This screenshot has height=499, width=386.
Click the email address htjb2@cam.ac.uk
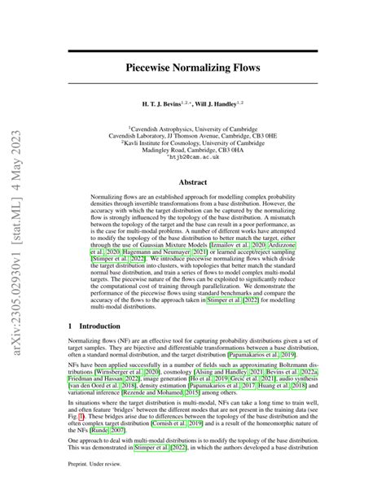tap(193, 159)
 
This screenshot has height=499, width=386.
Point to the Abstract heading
tap(193, 182)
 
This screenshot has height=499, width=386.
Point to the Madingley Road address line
tap(193, 149)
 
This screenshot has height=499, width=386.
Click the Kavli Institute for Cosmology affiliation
tap(193, 140)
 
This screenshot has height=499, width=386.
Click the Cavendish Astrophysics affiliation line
tap(193, 122)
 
